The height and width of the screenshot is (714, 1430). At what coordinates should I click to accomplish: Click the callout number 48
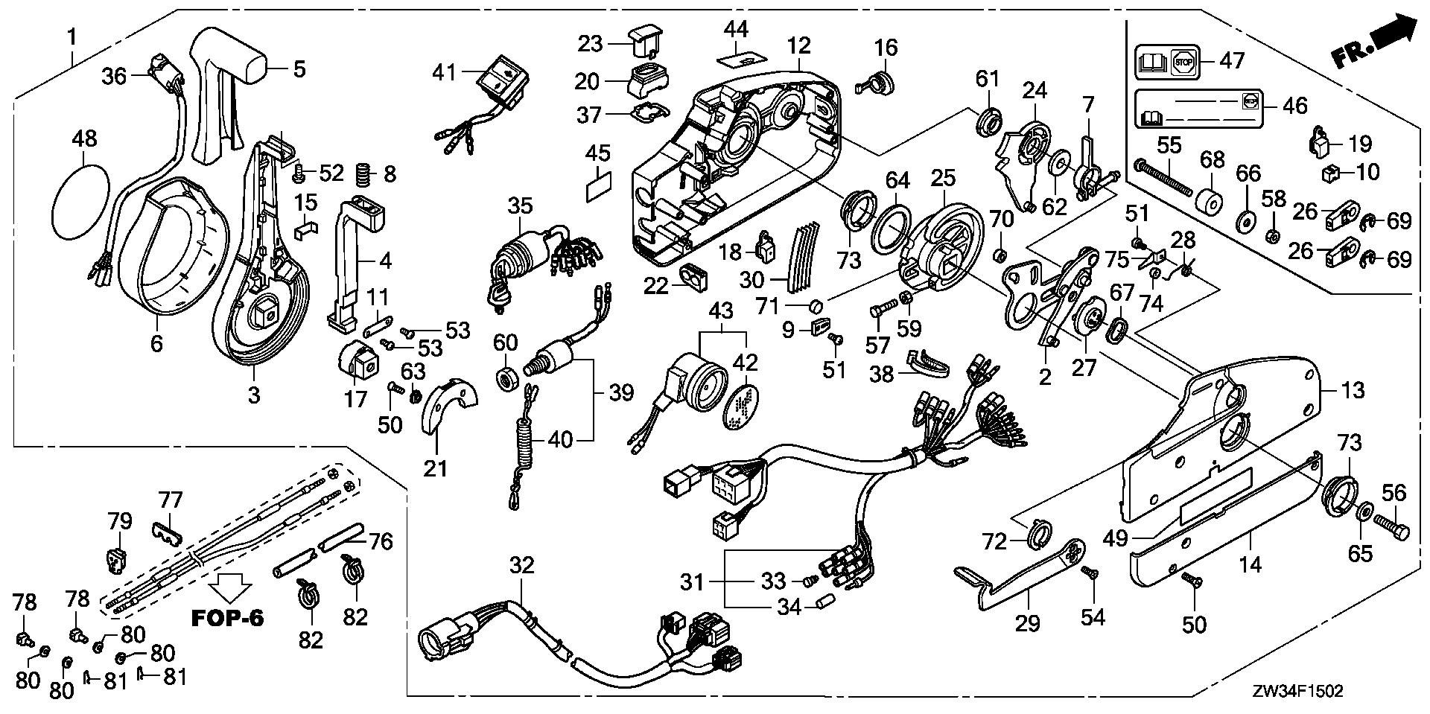(x=84, y=139)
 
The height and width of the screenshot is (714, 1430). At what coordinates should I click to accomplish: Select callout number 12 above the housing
(x=798, y=45)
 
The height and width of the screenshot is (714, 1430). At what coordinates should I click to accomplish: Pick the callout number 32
(x=521, y=566)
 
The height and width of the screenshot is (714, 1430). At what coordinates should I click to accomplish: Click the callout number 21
(x=436, y=468)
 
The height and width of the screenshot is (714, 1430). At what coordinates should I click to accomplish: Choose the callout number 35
(x=521, y=205)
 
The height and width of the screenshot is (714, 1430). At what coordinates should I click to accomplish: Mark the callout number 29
(x=1028, y=622)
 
